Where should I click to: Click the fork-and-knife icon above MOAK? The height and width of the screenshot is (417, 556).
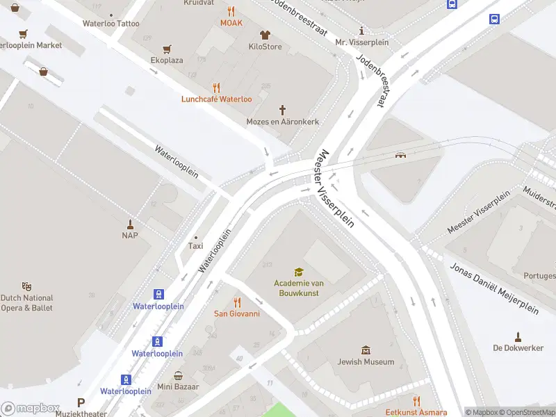(x=231, y=11)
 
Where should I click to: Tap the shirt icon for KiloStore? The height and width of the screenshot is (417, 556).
(x=265, y=35)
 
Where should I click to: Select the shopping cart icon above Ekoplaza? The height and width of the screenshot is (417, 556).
(x=167, y=49)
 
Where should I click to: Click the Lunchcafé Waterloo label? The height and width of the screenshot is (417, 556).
(x=217, y=99)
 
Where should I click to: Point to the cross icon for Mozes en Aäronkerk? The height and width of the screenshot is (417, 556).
(x=282, y=110)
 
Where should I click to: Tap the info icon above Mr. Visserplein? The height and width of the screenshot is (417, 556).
(x=361, y=31)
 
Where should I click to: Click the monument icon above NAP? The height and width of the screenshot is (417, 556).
(x=129, y=224)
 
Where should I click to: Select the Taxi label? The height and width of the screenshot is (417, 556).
(x=195, y=246)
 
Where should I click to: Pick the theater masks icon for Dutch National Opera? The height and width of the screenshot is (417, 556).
(x=27, y=286)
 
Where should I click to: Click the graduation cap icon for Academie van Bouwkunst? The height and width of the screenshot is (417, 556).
(x=298, y=272)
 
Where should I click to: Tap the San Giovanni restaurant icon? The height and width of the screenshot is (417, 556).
(x=236, y=302)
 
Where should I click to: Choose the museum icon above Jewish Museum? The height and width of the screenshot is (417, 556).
(x=366, y=350)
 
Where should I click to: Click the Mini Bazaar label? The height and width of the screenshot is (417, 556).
(x=178, y=386)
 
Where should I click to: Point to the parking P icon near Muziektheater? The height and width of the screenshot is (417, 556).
(x=81, y=402)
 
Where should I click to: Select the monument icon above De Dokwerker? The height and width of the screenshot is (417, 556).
(x=517, y=336)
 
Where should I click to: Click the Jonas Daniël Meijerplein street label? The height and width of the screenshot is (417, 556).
(x=493, y=288)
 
